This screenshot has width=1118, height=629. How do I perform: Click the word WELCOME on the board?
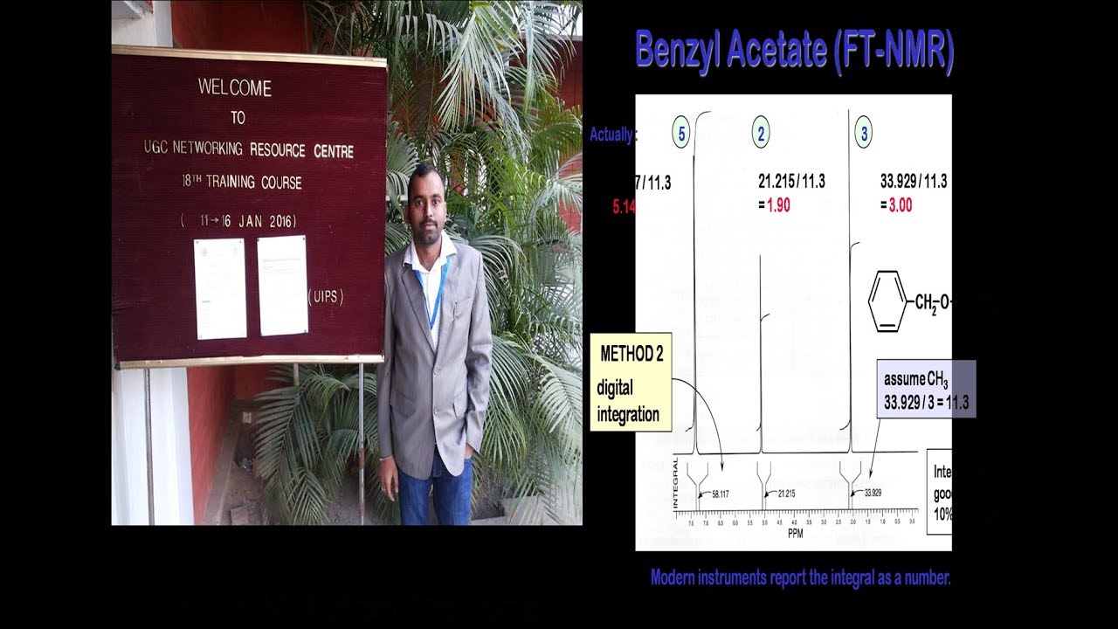point(235,88)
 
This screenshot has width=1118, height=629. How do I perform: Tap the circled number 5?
point(681,134)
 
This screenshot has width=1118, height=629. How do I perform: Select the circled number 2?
point(761,134)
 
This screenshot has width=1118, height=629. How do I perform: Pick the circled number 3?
point(865,134)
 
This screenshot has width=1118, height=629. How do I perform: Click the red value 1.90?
point(778,206)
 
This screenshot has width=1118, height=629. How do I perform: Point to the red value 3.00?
point(901,206)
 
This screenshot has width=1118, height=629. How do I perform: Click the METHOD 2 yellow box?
point(630,382)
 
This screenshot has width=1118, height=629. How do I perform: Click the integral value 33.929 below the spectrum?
point(873,493)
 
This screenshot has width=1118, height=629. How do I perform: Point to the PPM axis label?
point(795,533)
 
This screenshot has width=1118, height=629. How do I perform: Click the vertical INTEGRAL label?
point(677,482)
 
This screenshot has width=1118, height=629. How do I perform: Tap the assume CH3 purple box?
point(926,389)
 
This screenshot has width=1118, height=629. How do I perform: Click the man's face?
point(426,203)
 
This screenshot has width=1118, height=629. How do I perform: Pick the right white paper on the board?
point(282,285)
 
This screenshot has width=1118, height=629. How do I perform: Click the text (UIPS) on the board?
point(326,298)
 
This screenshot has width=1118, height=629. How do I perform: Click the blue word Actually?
point(612,135)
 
